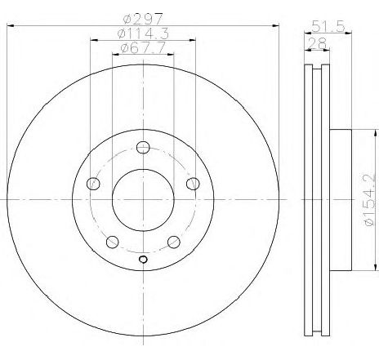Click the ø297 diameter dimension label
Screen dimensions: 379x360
(143, 19)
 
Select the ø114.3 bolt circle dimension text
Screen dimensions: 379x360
(143, 33)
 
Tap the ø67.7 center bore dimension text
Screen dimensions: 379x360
(143, 48)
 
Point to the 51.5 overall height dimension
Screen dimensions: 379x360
(328, 26)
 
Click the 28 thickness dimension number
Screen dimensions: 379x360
(317, 43)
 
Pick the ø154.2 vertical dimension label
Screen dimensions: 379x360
(369, 200)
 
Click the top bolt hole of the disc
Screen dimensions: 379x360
(143, 148)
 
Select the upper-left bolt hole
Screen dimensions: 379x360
(93, 184)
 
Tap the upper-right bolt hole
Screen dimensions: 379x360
(193, 184)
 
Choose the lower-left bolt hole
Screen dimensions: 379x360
(113, 242)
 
